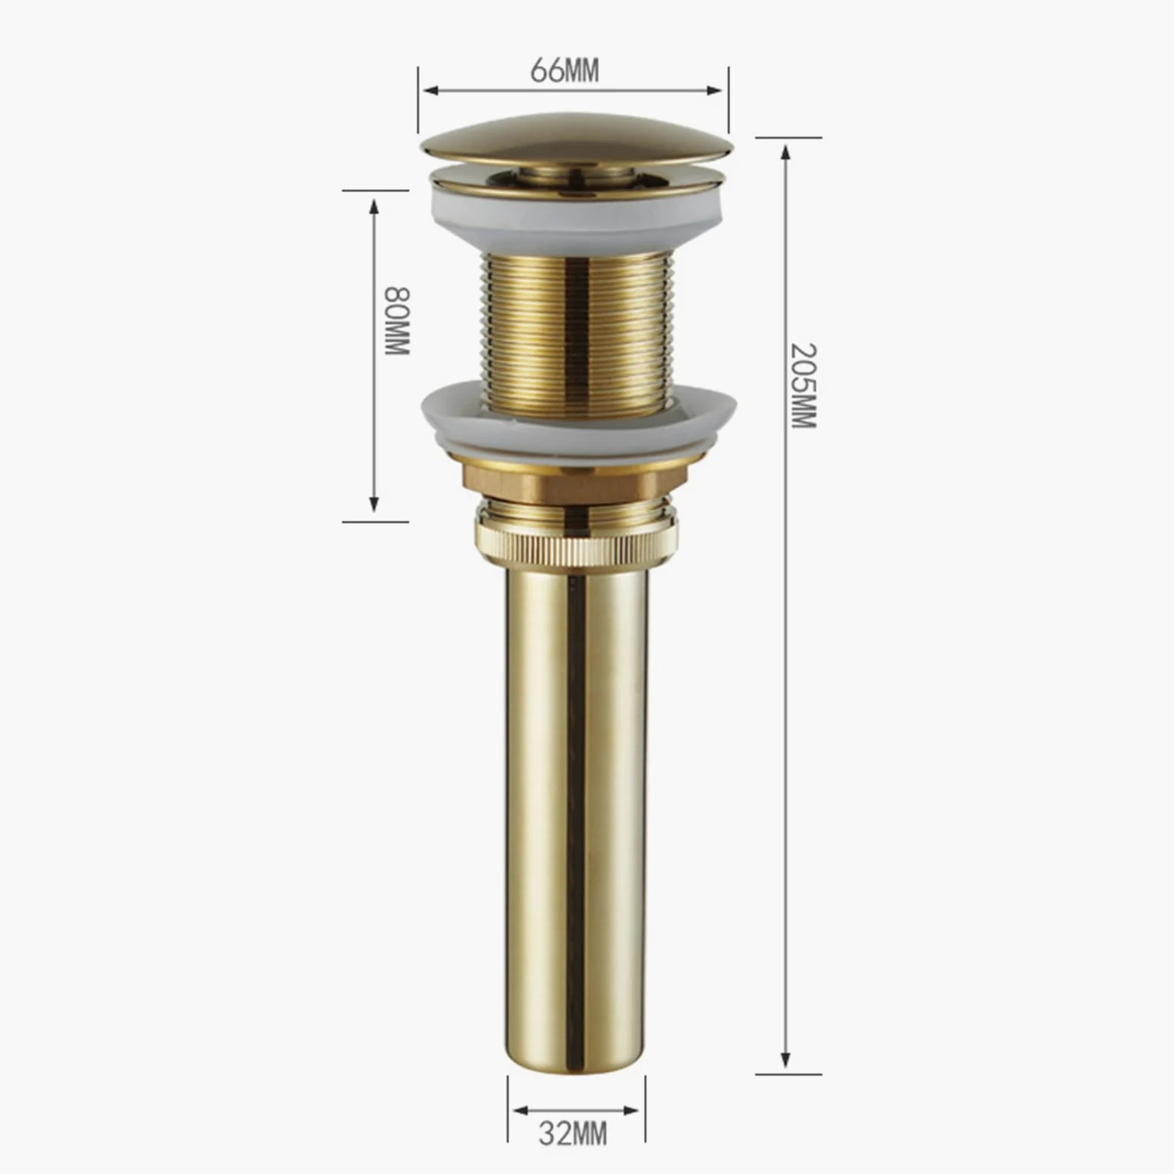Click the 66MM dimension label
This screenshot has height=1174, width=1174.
click(x=565, y=71)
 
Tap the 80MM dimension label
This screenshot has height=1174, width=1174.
click(x=397, y=321)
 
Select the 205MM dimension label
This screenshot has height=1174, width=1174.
click(x=803, y=386)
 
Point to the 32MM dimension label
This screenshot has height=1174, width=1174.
click(x=573, y=1133)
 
